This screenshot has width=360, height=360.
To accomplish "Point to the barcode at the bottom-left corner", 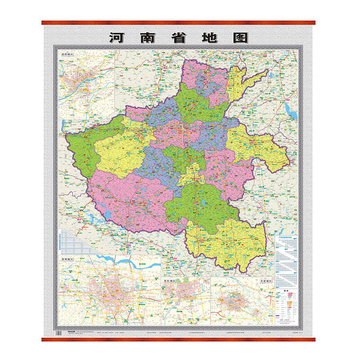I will click(x=58, y=332).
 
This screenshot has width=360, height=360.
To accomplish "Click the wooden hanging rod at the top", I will click(x=180, y=22).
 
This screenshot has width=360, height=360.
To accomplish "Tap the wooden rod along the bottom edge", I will click(x=180, y=339).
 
